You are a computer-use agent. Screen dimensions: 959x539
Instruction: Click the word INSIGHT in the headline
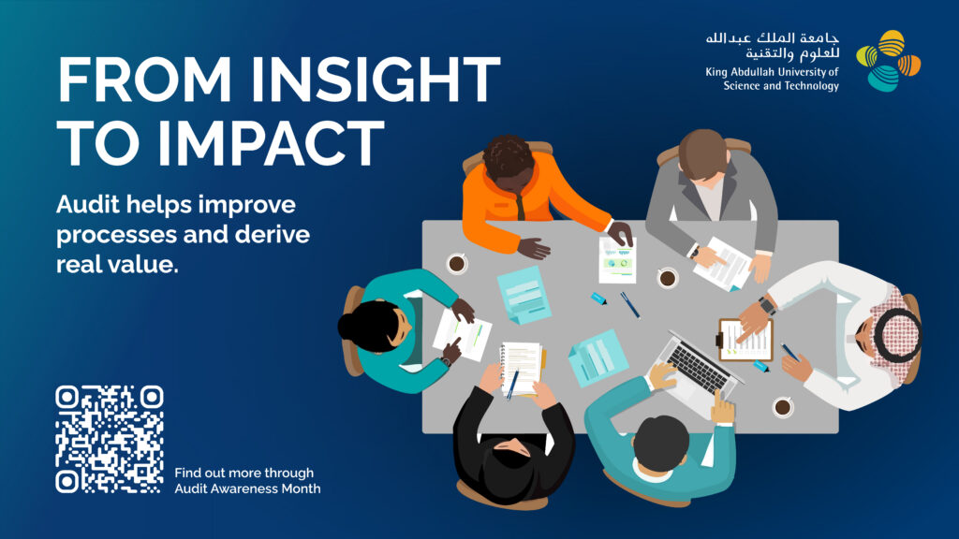tap(376, 80)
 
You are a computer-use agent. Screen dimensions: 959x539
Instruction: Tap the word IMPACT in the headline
tap(270, 143)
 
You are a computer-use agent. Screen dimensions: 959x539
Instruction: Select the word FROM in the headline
tap(145, 80)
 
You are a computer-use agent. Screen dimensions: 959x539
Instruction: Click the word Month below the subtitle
tap(301, 488)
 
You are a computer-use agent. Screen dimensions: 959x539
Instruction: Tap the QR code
tap(110, 440)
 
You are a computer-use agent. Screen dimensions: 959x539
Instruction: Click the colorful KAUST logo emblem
tap(888, 61)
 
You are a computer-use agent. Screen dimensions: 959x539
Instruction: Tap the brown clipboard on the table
tap(745, 341)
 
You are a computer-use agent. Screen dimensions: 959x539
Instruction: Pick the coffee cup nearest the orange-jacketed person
tap(456, 263)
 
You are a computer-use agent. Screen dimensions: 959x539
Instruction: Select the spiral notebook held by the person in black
tap(521, 369)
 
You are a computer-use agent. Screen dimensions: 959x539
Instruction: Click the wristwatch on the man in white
tap(766, 305)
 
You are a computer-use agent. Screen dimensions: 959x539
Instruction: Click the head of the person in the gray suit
tap(702, 154)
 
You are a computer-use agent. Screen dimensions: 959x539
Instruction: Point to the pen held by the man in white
tap(789, 352)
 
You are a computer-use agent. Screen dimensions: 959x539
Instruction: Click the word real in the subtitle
tap(77, 265)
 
